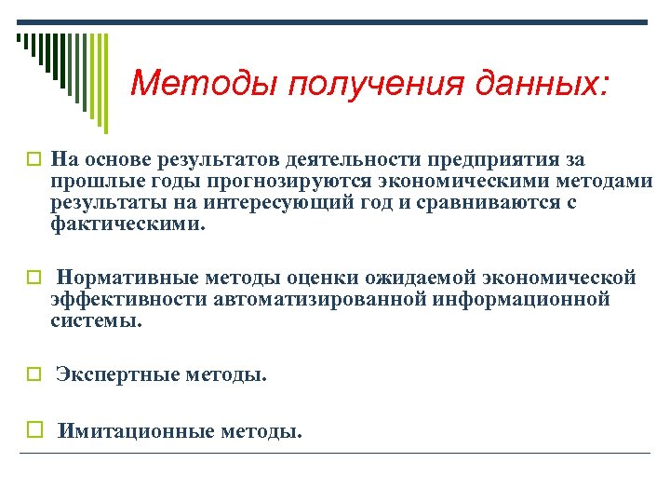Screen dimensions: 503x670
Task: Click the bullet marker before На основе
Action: pyautogui.click(x=34, y=160)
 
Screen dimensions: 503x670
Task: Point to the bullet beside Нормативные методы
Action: pyautogui.click(x=34, y=278)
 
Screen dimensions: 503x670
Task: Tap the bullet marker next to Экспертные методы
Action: pyautogui.click(x=34, y=375)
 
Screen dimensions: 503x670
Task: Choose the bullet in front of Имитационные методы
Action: pyautogui.click(x=34, y=431)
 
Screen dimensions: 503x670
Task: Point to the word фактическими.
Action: pyautogui.click(x=125, y=224)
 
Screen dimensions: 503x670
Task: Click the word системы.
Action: pyautogui.click(x=97, y=320)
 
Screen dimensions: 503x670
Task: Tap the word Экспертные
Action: pyautogui.click(x=118, y=375)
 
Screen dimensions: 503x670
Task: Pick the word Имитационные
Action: pyautogui.click(x=136, y=431)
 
